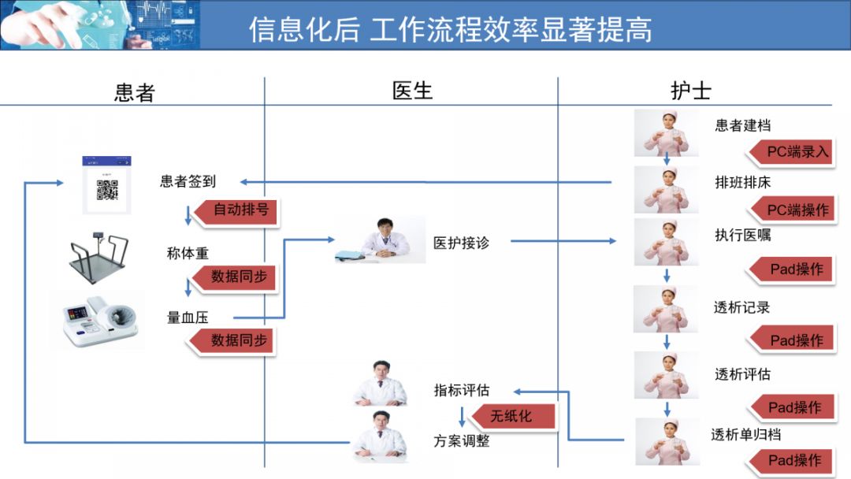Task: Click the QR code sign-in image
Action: pos(106,185)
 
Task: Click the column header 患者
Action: pos(134,92)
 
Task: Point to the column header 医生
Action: pos(412,91)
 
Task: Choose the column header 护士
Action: pos(690,91)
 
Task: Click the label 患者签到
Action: pos(188,181)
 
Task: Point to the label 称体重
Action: pos(188,254)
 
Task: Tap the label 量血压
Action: pos(188,317)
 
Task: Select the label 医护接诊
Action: pos(461,243)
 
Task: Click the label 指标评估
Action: pos(461,390)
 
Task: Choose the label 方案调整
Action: pos(461,441)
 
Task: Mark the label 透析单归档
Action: pos(745,434)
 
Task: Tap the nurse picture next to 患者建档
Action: pos(667,132)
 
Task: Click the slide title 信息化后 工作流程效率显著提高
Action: pos(450,29)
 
